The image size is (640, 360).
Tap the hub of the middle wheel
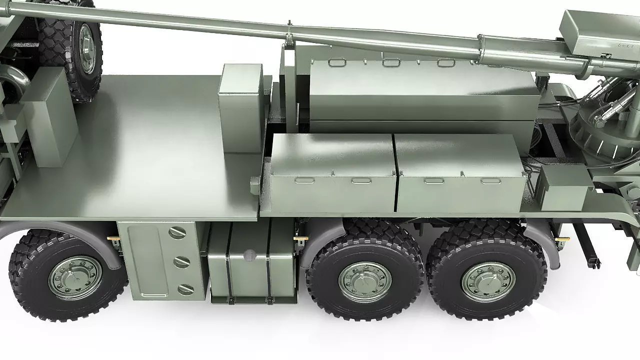click(x=365, y=282)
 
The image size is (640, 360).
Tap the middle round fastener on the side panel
click(x=181, y=261)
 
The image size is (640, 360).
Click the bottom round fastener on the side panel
click(x=185, y=289)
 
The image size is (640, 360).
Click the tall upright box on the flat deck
click(x=241, y=107)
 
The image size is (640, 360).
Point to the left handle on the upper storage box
click(x=337, y=62)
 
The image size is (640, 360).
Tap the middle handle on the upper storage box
click(x=391, y=62)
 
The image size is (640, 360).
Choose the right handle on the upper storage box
click(x=446, y=62)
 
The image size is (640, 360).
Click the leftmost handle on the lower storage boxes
click(x=304, y=180)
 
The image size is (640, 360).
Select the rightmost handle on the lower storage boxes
click(x=491, y=180)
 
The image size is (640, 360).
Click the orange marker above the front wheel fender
click(x=113, y=239)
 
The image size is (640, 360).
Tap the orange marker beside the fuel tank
click(x=300, y=239)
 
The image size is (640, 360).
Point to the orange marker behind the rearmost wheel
click(x=561, y=240)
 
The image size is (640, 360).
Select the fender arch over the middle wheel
click(x=325, y=235)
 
